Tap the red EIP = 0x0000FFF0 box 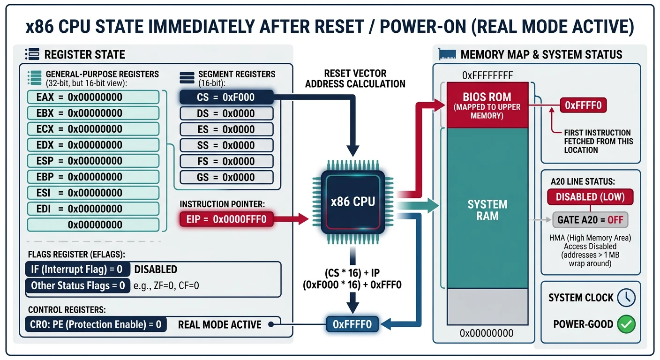tap(226, 218)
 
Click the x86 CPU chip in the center tap(352, 202)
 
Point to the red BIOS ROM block tap(487, 104)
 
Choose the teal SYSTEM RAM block tap(487, 210)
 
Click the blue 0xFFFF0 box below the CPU tap(352, 324)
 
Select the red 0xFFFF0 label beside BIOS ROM tap(583, 105)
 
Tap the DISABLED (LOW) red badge tap(590, 197)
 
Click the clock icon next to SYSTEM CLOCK tap(626, 298)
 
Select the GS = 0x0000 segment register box tap(226, 177)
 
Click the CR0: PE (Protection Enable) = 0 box tap(95, 324)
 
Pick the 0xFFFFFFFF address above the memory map tap(487, 75)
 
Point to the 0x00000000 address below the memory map tap(487, 334)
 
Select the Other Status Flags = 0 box tap(77, 285)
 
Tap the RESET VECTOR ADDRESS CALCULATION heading tap(355, 79)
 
